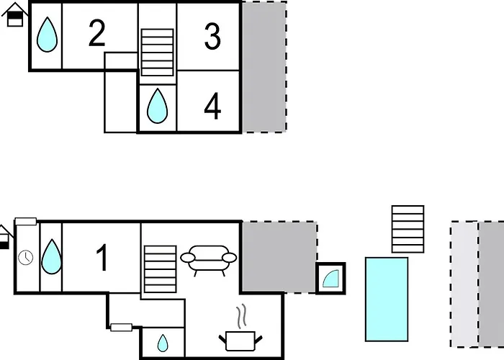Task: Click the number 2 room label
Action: (x=96, y=33)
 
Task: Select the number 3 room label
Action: (x=212, y=37)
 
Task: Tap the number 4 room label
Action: (x=212, y=106)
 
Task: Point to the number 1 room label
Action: (x=102, y=258)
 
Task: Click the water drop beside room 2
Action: (x=47, y=35)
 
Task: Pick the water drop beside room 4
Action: (x=157, y=106)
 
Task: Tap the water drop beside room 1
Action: (x=51, y=256)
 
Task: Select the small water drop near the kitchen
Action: (x=163, y=343)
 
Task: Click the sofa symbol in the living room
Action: (x=209, y=261)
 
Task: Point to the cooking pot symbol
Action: (x=240, y=341)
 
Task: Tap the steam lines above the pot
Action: (x=242, y=316)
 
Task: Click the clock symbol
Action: (x=26, y=258)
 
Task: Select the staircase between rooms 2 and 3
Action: (x=158, y=53)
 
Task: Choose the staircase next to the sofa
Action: (x=161, y=269)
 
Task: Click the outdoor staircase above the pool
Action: (x=408, y=229)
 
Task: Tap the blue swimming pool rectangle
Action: (x=387, y=299)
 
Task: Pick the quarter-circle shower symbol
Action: (x=330, y=279)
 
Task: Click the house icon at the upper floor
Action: (x=15, y=14)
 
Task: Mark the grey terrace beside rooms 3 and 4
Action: (x=264, y=67)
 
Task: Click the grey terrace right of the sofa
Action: (x=279, y=257)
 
